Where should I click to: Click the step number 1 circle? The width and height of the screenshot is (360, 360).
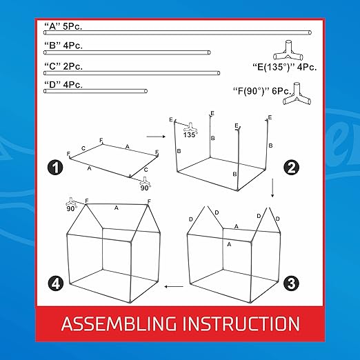55,168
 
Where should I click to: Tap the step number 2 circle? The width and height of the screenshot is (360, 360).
292,168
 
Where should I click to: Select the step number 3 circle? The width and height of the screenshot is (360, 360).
291,283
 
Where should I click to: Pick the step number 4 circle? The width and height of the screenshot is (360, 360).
56,283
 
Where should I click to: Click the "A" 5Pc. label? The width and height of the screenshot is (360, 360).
63,26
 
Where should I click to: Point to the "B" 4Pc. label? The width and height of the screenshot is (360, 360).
63,46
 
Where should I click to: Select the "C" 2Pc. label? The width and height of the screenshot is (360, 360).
63,66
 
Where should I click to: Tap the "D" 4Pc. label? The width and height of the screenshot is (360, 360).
63,85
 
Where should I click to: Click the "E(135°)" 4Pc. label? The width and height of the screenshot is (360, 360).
285,67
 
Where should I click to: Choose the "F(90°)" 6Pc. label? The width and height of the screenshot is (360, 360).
262,91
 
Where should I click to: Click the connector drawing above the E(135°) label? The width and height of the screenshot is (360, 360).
288,50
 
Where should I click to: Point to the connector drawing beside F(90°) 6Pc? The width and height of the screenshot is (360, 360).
297,94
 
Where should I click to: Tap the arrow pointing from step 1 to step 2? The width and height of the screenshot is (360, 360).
156,137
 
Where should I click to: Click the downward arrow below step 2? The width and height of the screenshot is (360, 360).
272,188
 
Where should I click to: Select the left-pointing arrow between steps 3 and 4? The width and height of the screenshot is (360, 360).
174,286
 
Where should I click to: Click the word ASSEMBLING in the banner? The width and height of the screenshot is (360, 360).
119,324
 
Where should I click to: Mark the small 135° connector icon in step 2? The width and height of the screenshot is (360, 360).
190,128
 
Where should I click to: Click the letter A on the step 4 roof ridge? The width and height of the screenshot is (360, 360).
117,208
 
